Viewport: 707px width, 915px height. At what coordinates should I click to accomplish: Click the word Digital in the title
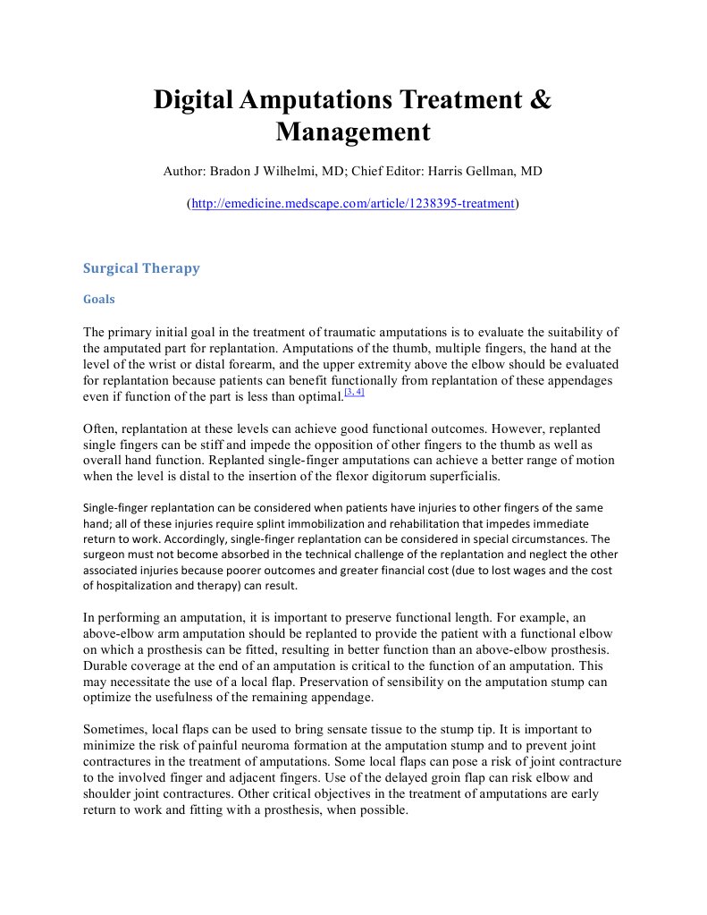point(193,99)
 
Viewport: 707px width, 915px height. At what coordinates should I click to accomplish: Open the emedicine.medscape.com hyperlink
point(353,203)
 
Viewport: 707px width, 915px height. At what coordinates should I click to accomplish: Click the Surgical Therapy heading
point(141,267)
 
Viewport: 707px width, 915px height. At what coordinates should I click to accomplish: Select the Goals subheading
point(98,300)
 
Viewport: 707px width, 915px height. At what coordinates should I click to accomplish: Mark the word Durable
point(107,665)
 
